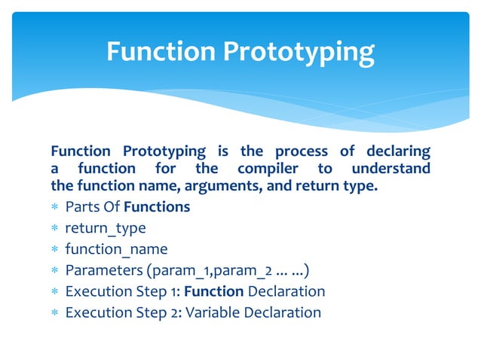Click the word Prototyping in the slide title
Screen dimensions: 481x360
pos(299,53)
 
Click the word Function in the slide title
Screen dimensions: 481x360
pos(161,51)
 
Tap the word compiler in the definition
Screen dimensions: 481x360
pos(268,169)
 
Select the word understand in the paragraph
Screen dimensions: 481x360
pos(391,168)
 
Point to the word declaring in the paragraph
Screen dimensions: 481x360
pos(399,152)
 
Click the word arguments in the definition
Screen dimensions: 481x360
pos(223,187)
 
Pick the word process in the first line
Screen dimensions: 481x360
pos(302,152)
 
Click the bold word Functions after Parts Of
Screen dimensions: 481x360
pos(157,207)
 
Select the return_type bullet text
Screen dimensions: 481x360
pos(106,228)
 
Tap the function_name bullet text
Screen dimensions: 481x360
pos(117,249)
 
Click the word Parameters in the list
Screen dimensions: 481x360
pos(104,270)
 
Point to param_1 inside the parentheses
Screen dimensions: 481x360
pos(181,271)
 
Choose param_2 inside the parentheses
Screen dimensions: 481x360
pos(243,271)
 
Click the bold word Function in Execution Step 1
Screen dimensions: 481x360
pos(214,291)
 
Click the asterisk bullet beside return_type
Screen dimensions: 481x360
pos(54,228)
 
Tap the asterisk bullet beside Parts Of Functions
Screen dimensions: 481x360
pos(54,206)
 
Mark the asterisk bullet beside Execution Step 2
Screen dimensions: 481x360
pos(54,313)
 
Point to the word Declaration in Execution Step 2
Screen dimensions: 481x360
pos(283,313)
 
